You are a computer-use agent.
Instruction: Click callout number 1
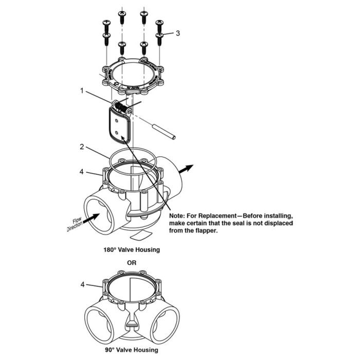coord(82,91)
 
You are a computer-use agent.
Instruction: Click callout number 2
coord(82,147)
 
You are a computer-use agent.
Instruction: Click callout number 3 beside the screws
coord(177,33)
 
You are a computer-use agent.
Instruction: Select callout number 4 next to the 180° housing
coord(82,171)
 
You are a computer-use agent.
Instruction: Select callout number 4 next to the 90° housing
coord(82,283)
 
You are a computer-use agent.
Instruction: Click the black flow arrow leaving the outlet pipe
coord(187,168)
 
